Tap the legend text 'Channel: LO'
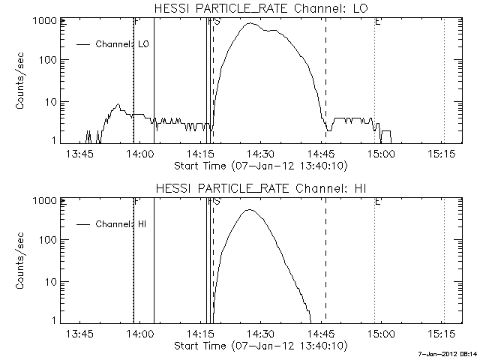123,44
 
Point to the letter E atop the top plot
377,22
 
